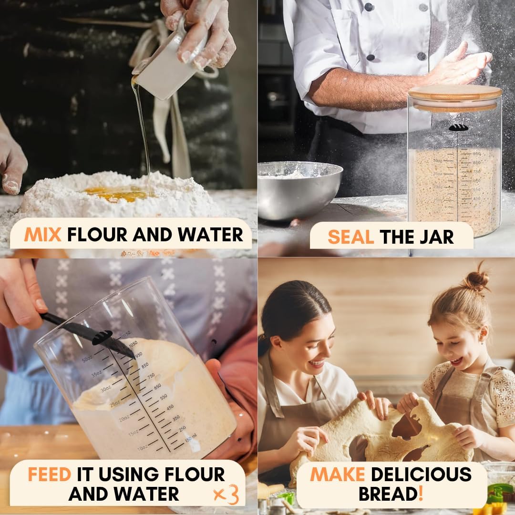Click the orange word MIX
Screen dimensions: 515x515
pos(42,235)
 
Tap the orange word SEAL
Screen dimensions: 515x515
pos(350,237)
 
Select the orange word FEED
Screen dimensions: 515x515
pos(49,474)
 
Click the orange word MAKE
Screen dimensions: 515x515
pos(338,474)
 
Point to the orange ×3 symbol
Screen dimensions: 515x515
pos(226,494)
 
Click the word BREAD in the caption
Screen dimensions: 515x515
pos(388,494)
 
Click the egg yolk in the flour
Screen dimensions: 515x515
pos(116,193)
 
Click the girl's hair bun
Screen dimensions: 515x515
pos(477,281)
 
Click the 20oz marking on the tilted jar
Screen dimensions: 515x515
pos(124,419)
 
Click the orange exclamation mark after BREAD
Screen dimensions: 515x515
pos(421,494)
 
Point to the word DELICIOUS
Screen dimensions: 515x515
pos(421,474)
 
